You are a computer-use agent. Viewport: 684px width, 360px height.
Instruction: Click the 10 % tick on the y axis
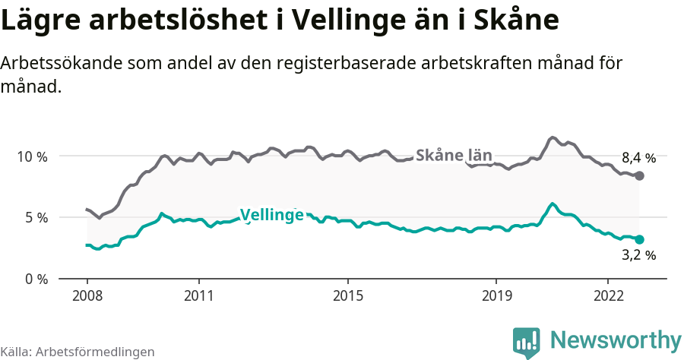click(x=31, y=156)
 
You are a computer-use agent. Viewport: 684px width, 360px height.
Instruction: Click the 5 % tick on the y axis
click(x=35, y=217)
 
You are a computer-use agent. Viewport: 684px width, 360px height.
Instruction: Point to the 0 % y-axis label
click(x=35, y=279)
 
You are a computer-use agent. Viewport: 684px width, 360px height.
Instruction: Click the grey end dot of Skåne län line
click(x=639, y=175)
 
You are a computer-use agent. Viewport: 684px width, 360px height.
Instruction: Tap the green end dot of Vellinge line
click(x=639, y=239)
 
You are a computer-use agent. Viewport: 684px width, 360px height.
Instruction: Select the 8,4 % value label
click(x=638, y=158)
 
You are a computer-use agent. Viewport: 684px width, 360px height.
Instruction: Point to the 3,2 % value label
click(x=638, y=256)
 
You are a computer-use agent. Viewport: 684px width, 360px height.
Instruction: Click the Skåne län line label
click(x=454, y=155)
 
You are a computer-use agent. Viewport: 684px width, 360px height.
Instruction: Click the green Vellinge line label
click(x=271, y=215)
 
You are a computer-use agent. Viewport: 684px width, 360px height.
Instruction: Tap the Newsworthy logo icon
click(x=527, y=343)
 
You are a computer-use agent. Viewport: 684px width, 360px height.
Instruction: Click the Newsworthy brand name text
click(x=616, y=339)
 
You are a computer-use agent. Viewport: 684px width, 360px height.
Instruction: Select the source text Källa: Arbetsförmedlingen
click(x=78, y=352)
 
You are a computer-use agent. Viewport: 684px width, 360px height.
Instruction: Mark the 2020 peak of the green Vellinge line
click(x=553, y=204)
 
